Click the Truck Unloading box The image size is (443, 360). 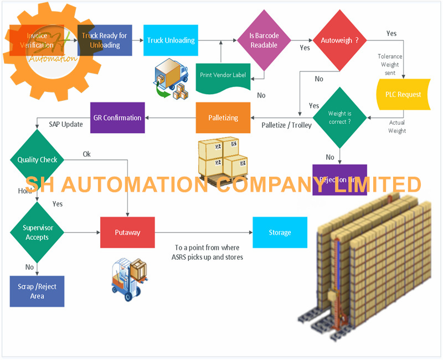coord(171,40)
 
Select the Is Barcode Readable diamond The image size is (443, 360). coord(264,40)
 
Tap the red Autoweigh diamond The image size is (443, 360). coord(339,40)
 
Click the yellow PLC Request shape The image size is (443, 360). coord(403,94)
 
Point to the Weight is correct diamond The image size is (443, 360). coord(339,117)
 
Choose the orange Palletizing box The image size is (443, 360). coord(223,118)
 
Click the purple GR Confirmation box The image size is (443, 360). coord(117,118)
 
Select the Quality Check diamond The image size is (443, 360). coord(37,160)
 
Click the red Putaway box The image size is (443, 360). coord(127,233)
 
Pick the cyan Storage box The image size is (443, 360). coord(280,233)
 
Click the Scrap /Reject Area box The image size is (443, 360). coord(37,291)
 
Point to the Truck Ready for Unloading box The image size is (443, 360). coord(105,40)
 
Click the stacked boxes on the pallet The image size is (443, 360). coord(223,161)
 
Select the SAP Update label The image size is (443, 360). coord(66,125)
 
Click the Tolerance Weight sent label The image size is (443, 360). coord(390,65)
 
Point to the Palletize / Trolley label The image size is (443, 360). coord(286,125)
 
